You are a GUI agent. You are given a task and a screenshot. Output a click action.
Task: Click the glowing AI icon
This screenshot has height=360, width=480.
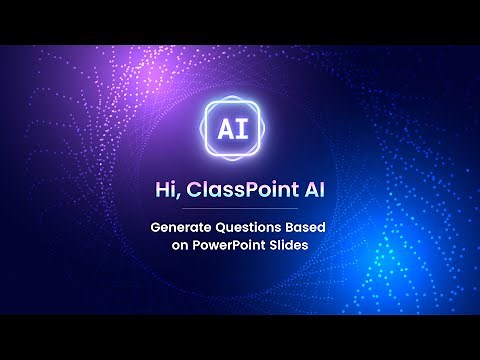[x=240, y=129]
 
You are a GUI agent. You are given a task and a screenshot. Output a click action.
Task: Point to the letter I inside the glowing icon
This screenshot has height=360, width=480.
[x=250, y=129]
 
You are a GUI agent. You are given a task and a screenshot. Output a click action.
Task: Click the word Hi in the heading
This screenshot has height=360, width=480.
[x=166, y=189]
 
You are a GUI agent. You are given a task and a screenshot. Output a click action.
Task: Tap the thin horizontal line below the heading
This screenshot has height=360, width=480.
[x=240, y=210]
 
